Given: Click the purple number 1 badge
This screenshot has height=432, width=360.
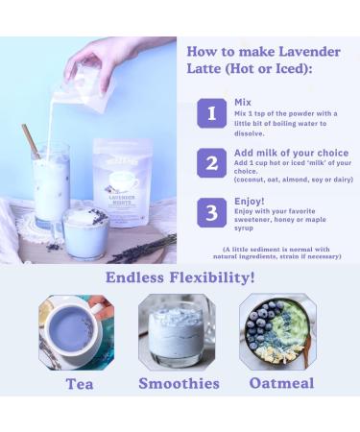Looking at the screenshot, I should [211, 113].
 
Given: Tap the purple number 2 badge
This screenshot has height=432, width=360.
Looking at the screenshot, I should [211, 163].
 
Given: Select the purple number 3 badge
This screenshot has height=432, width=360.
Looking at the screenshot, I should [211, 212].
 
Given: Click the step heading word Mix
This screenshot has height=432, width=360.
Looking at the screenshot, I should [243, 102].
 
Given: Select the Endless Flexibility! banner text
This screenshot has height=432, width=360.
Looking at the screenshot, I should [180, 278].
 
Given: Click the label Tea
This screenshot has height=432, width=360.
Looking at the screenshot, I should [79, 383].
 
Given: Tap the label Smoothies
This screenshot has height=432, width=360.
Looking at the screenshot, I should [179, 383].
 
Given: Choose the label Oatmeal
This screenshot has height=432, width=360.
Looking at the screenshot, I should [281, 383].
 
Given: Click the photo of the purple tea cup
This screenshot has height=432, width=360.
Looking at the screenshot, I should [76, 331].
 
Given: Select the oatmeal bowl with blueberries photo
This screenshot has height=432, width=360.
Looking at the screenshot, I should [277, 331].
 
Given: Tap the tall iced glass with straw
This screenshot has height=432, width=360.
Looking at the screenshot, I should [51, 187].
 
